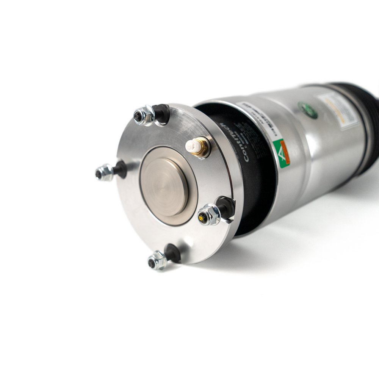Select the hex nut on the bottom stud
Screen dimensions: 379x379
[x=157, y=261]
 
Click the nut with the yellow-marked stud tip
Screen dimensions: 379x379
[x=208, y=215]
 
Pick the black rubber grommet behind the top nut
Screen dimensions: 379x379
[x=162, y=112]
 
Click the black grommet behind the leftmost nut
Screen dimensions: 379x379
[x=121, y=169]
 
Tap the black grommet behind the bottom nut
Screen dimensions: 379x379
[x=173, y=252]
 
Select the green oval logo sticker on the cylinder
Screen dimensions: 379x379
[x=308, y=110]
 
